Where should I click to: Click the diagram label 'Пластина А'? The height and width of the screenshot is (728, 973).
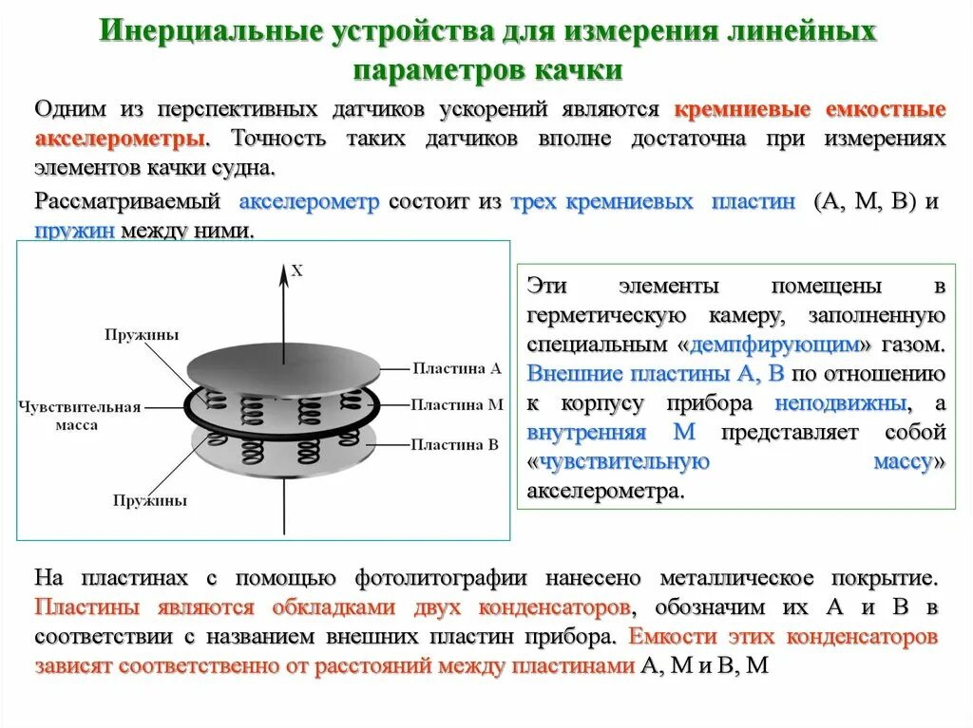[456, 367]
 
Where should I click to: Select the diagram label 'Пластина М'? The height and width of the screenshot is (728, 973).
[457, 404]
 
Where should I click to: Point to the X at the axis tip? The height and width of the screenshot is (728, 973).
[296, 271]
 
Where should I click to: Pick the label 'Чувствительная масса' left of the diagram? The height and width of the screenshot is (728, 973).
[80, 416]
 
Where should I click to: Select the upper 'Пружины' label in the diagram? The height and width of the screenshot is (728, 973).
[142, 334]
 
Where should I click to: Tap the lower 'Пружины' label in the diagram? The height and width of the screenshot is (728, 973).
[149, 499]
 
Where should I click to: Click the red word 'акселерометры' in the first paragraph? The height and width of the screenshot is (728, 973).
[120, 139]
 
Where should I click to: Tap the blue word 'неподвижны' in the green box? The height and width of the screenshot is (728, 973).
[840, 402]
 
